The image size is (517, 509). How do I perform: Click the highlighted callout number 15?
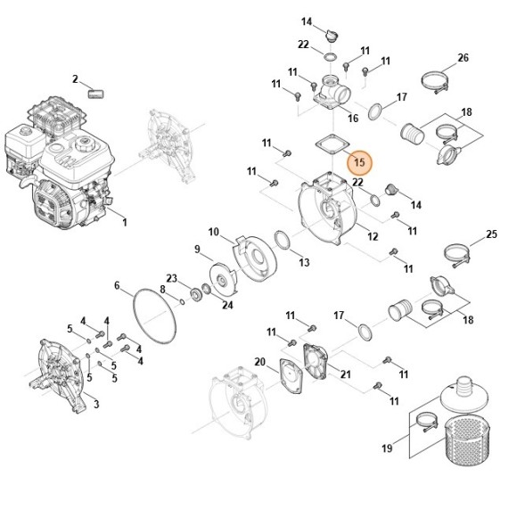360,162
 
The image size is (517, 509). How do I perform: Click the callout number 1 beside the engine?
125,221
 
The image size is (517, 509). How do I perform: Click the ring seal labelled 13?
281,242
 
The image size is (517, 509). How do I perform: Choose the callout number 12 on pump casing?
373,236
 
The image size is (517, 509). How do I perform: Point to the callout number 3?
95,405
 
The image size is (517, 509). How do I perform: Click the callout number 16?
353,118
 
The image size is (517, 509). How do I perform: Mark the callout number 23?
173,277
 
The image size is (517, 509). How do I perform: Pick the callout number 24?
227,306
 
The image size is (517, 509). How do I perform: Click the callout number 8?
162,289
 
